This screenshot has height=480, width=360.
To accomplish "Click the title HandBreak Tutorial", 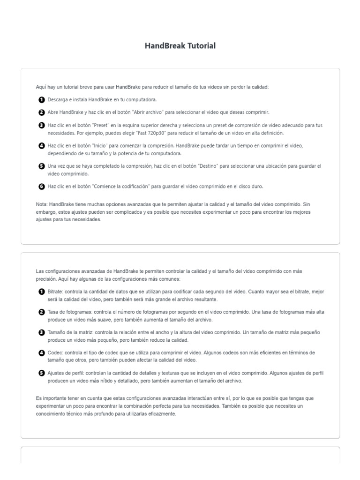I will coord(180,46).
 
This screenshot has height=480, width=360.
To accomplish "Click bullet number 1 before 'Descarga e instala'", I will coord(42,100).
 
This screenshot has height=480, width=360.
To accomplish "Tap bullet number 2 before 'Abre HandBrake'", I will coord(42,112).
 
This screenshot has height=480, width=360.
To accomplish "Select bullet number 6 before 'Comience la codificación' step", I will coord(42,187).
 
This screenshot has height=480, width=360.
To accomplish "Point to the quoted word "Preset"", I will coord(102,126).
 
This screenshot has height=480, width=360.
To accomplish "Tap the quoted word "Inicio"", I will coord(102,146).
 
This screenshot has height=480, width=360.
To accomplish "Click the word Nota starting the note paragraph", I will coord(41,205).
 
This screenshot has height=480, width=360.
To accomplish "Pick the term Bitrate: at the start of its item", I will coord(56,292).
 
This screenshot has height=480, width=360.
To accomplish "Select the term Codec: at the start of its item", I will coord(55,352).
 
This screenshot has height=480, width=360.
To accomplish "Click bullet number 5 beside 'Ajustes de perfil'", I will coord(42,373).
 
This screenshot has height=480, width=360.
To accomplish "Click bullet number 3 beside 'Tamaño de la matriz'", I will coord(42,332).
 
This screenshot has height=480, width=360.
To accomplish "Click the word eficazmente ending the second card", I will coord(162,414).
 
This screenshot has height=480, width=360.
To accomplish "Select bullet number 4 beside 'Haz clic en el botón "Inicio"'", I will coord(42,146).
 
